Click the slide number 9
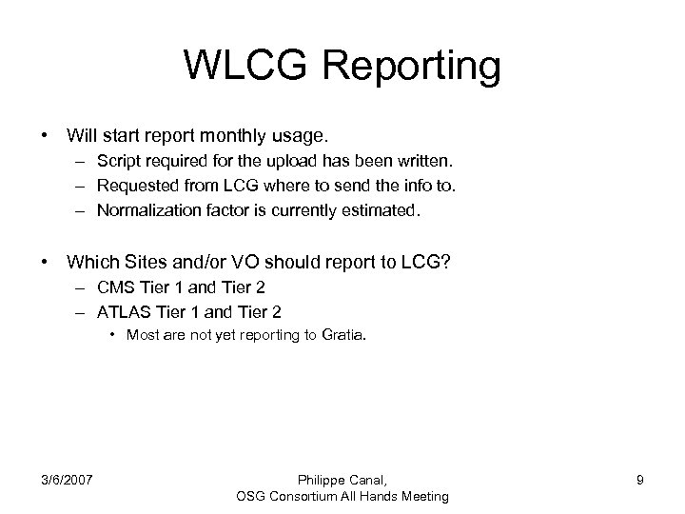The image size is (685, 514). click(640, 480)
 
